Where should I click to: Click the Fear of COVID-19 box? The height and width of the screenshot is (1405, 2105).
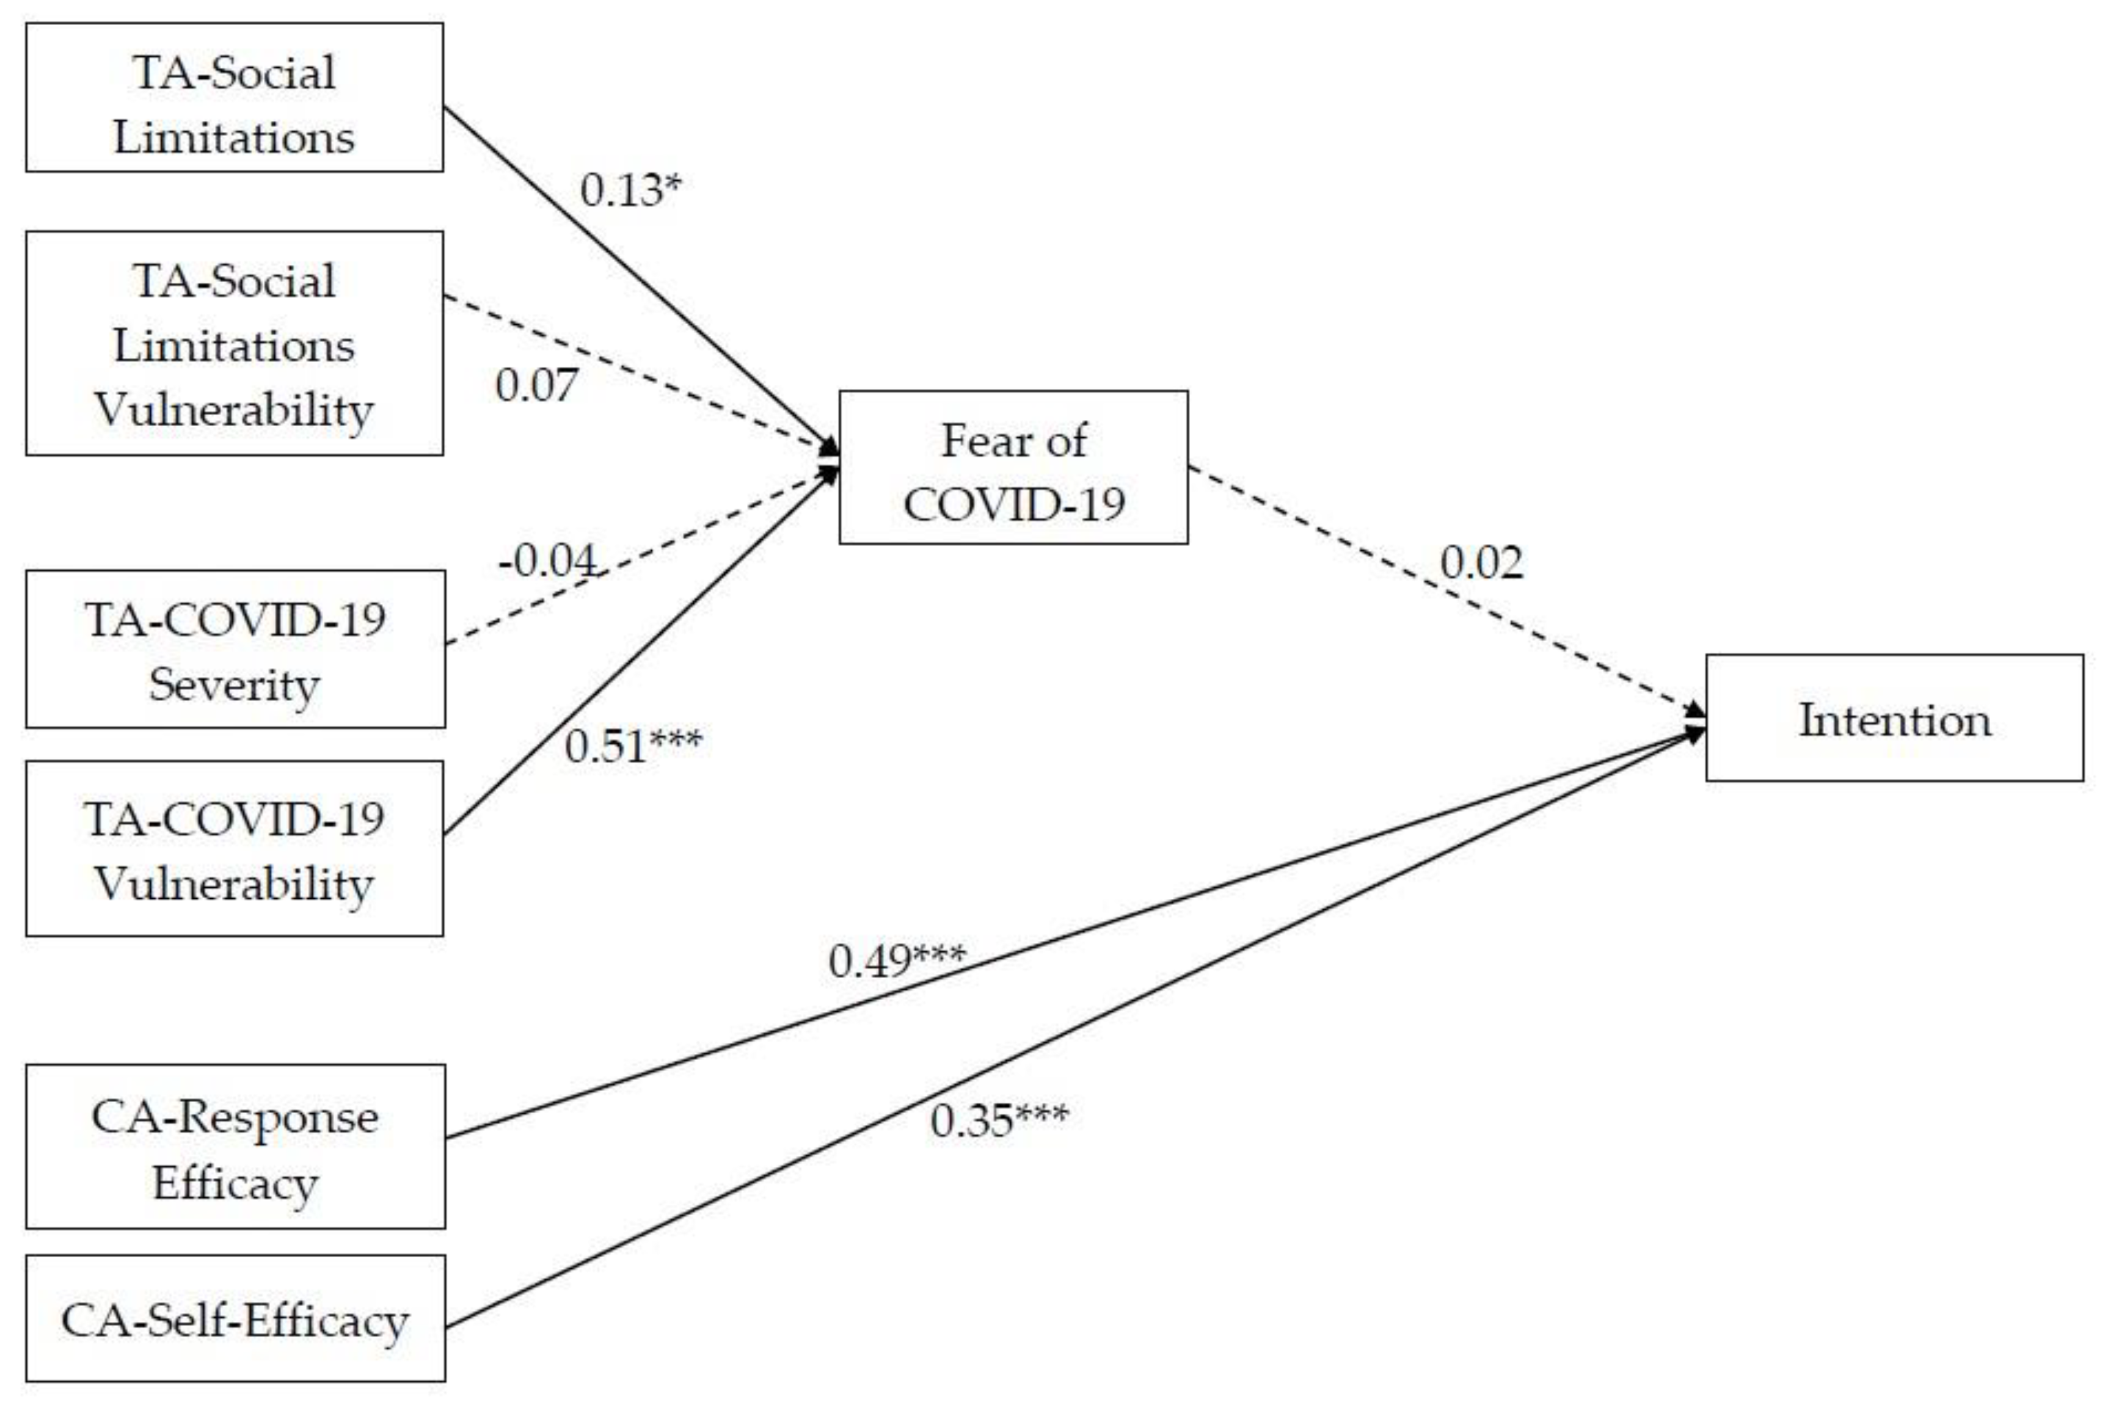click(x=1013, y=467)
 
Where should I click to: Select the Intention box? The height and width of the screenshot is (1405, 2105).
click(x=1894, y=717)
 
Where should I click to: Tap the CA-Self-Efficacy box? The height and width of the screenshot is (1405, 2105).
click(x=235, y=1318)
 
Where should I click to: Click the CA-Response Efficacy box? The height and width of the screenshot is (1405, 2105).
click(x=235, y=1146)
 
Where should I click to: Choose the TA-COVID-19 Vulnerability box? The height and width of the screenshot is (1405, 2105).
click(x=235, y=849)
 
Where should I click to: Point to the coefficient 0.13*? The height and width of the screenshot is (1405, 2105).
click(x=630, y=190)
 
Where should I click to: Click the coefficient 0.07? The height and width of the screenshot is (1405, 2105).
click(x=536, y=385)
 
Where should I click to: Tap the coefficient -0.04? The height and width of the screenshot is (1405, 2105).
click(x=547, y=561)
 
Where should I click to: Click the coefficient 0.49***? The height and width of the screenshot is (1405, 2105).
click(x=896, y=960)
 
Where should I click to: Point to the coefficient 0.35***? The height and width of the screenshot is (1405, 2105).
click(x=998, y=1120)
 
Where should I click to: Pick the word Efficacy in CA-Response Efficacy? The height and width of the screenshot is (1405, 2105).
click(x=235, y=1183)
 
